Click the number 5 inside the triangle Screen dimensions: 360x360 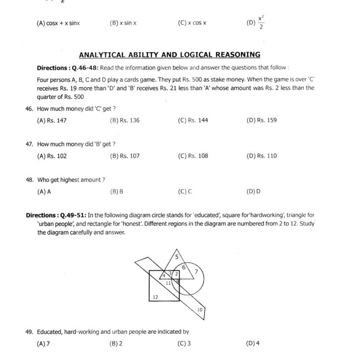(176, 257)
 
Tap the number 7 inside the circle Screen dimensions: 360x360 (196, 271)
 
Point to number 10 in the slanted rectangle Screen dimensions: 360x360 (200, 310)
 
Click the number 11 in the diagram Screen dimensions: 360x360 (169, 283)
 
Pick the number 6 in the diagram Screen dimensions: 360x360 (183, 268)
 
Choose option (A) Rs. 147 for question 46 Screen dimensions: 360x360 (52, 120)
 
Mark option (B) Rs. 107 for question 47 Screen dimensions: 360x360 (125, 156)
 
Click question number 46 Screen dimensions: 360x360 (29, 108)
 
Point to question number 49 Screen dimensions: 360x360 (29, 332)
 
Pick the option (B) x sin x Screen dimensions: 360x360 (123, 23)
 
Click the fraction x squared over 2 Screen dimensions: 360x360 (262, 22)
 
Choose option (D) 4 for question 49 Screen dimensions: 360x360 (253, 343)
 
